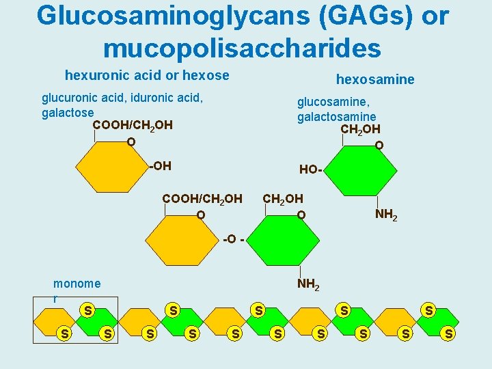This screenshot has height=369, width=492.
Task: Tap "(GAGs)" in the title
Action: click(366, 16)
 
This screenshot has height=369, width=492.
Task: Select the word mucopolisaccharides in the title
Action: click(242, 48)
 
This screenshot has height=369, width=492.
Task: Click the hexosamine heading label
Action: click(375, 79)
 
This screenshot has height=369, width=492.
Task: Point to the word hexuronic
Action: click(92, 75)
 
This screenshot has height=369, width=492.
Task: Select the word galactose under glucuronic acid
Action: click(68, 112)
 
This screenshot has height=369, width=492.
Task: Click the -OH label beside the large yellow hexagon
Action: click(159, 165)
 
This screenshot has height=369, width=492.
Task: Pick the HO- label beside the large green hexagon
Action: click(311, 169)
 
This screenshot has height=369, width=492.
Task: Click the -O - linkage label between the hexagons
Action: click(232, 239)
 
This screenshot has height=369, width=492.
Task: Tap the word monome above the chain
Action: click(77, 284)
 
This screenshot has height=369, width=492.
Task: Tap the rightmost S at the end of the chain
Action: click(448, 333)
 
